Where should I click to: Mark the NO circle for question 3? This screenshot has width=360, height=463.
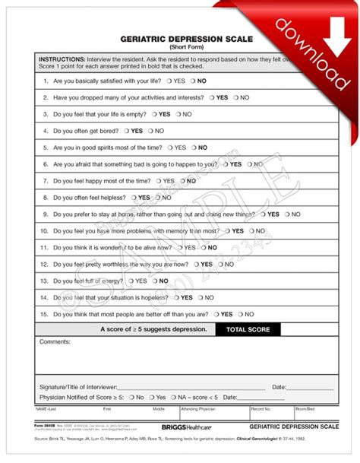177,114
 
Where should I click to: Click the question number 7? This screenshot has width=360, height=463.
46,181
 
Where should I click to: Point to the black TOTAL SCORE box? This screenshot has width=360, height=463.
248,330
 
